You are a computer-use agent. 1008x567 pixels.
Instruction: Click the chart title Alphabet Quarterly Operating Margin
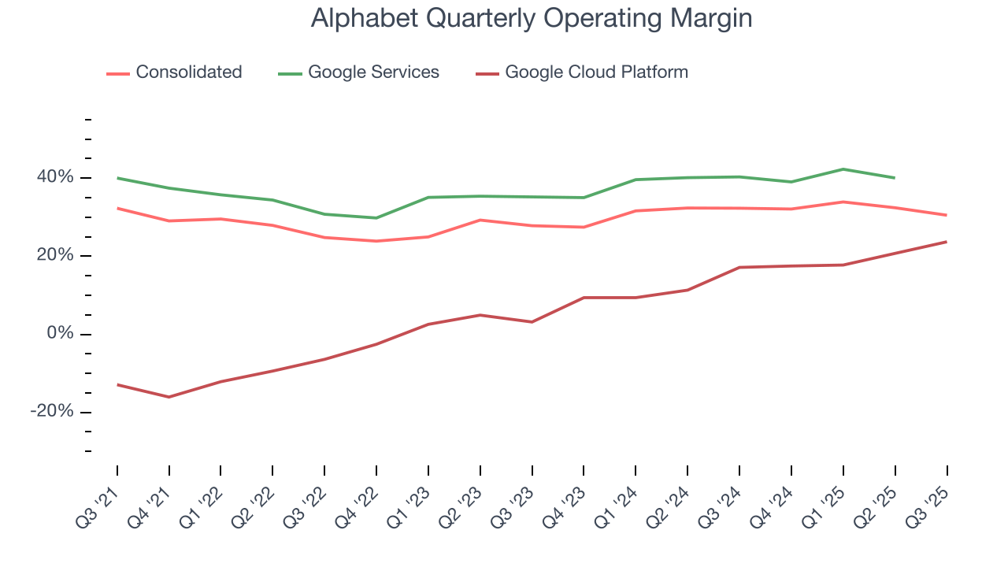coord(532,18)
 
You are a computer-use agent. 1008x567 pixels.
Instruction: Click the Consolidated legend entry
coord(188,72)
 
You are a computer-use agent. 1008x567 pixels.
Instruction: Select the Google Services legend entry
coord(373,72)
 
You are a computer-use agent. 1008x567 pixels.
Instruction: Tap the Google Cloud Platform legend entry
coord(596,72)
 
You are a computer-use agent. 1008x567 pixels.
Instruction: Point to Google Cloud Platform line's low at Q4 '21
coord(169,397)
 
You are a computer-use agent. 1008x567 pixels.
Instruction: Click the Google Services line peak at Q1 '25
coord(843,169)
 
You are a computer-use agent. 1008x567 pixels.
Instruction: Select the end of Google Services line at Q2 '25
coord(895,178)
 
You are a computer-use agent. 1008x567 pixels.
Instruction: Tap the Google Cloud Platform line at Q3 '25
coord(946,242)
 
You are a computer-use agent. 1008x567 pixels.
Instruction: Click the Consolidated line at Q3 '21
coord(117,208)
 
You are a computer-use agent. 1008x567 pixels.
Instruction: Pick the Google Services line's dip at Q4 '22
coord(376,218)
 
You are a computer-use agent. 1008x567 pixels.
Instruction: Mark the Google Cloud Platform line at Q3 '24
coord(739,268)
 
